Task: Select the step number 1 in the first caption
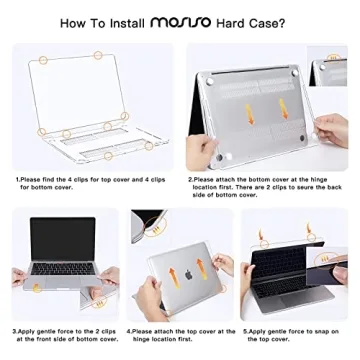point(16,179)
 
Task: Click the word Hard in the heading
point(246,20)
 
